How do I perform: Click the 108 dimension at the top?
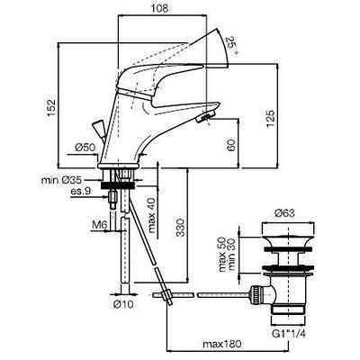click(x=159, y=8)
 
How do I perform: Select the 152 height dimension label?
click(x=51, y=108)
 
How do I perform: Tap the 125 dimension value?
click(x=270, y=119)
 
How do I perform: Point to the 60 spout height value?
click(x=231, y=145)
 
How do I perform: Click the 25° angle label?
click(x=231, y=45)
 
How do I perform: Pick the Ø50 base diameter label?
click(x=85, y=148)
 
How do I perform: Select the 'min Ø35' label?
click(x=61, y=180)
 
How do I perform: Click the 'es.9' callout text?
click(x=80, y=190)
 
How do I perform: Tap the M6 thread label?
click(x=99, y=224)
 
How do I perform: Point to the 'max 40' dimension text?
click(x=152, y=215)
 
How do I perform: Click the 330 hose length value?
click(x=180, y=228)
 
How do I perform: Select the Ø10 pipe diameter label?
click(x=123, y=304)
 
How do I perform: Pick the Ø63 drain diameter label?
click(x=284, y=213)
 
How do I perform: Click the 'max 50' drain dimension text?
click(x=222, y=254)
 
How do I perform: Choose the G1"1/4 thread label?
click(x=288, y=334)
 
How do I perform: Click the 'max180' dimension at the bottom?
click(x=221, y=344)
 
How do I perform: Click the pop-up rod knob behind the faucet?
click(x=98, y=127)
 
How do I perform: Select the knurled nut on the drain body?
click(x=255, y=295)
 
